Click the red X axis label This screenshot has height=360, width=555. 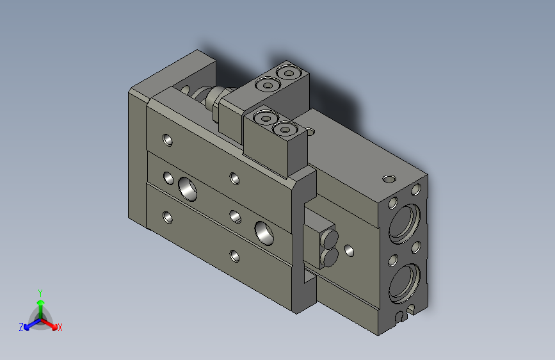click(x=60, y=327)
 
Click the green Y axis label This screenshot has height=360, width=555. click(x=40, y=292)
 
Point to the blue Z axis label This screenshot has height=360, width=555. click(x=21, y=327)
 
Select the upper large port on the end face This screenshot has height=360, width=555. click(x=406, y=222)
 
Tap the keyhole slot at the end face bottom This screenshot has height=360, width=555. click(x=403, y=315)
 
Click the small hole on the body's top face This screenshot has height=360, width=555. click(x=387, y=177)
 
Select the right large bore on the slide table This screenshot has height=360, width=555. click(x=263, y=231)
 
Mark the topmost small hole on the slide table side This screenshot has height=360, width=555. click(x=168, y=138)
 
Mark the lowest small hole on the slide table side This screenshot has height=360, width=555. click(x=235, y=256)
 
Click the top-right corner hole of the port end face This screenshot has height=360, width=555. click(x=417, y=189)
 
